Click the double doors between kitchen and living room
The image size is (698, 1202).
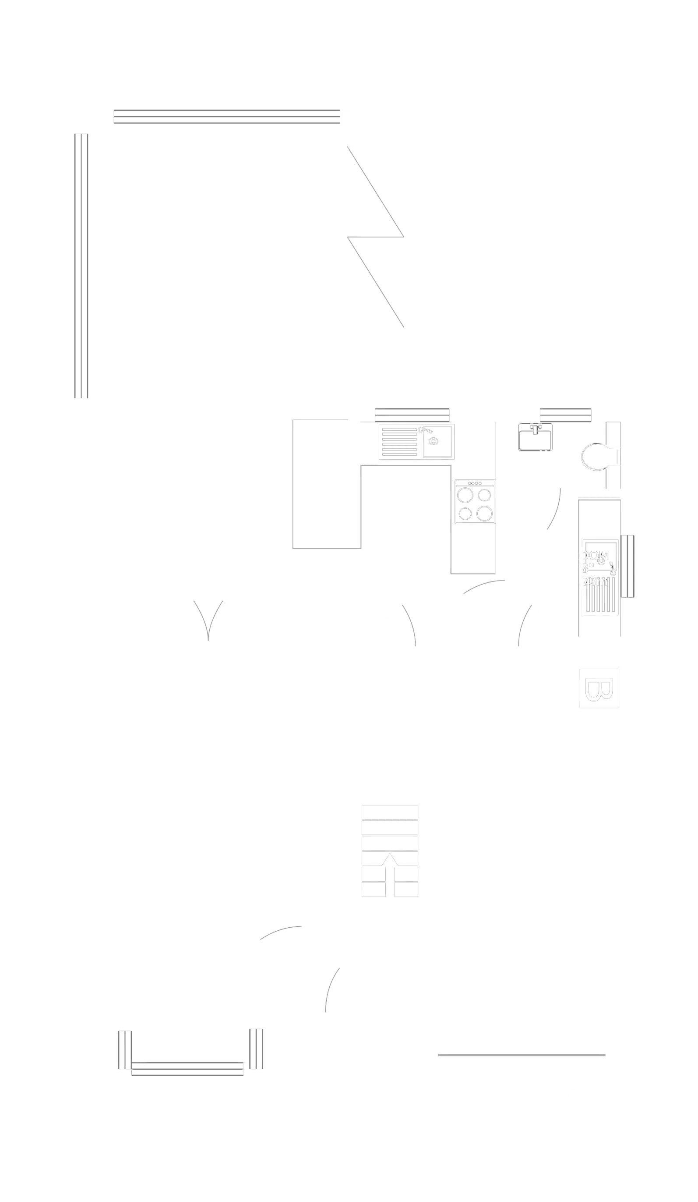pyautogui.click(x=209, y=620)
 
